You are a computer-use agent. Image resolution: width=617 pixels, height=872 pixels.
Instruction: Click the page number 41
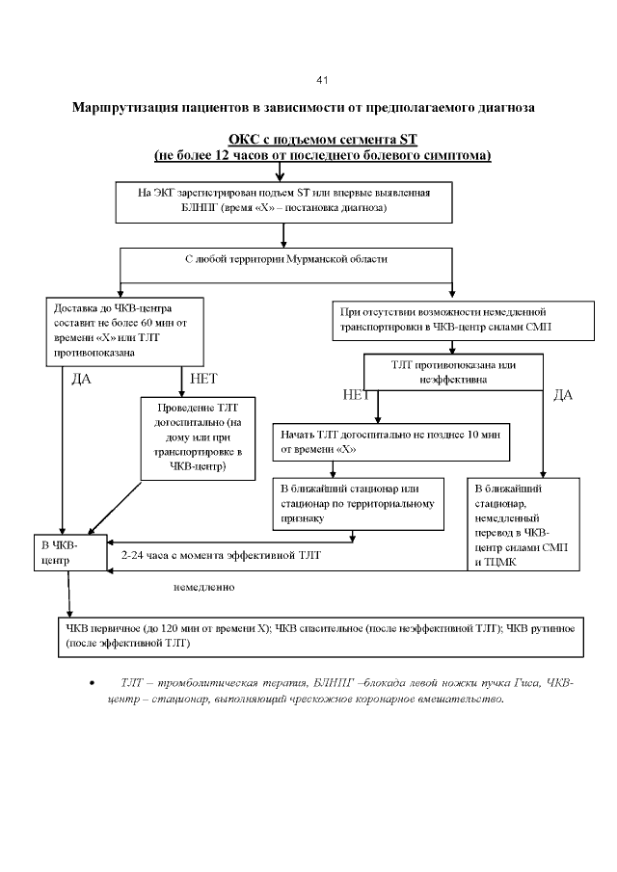[x=322, y=79]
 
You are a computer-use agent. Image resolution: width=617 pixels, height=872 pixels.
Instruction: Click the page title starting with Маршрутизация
[x=303, y=106]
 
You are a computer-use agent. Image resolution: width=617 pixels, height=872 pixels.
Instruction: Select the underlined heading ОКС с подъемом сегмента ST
[x=322, y=141]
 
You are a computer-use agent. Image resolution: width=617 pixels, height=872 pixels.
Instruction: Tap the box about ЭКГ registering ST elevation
[x=283, y=200]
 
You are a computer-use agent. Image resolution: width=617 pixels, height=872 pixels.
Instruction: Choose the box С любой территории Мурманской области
[x=286, y=261]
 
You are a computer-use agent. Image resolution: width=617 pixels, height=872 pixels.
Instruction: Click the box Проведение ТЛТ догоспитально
[x=199, y=437]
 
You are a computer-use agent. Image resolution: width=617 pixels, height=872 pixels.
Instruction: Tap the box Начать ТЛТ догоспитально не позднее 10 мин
[x=390, y=441]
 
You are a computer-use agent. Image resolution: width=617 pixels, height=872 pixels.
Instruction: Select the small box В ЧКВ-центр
[x=68, y=553]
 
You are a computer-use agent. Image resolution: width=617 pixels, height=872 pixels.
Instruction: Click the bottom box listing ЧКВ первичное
[x=319, y=635]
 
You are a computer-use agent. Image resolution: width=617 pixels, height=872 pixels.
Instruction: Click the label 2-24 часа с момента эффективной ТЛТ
[x=221, y=556]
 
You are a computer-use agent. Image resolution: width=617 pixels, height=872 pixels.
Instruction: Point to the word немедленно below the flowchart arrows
[x=203, y=586]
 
